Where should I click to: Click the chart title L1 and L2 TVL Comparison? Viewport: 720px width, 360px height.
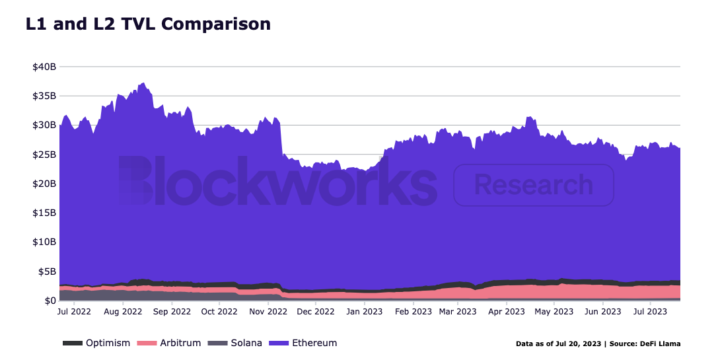[x=148, y=24]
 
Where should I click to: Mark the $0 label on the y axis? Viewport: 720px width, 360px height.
[x=49, y=301]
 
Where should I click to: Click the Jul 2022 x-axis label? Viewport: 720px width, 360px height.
[x=75, y=311]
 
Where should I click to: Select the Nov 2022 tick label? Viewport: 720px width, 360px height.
[x=268, y=311]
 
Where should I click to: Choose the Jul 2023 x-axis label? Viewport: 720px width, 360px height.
[x=649, y=311]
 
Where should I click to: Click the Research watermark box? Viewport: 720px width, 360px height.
[x=534, y=185]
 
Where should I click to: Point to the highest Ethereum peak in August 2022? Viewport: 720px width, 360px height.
[x=143, y=83]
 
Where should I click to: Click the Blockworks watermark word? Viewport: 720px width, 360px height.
[x=277, y=180]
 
